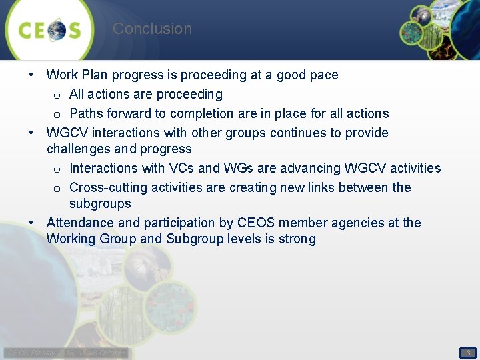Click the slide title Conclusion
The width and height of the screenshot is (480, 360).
point(152,29)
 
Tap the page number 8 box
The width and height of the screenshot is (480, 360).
point(468,353)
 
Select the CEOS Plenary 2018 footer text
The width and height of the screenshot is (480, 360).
point(67,353)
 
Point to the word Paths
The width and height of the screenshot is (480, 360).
point(86,114)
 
